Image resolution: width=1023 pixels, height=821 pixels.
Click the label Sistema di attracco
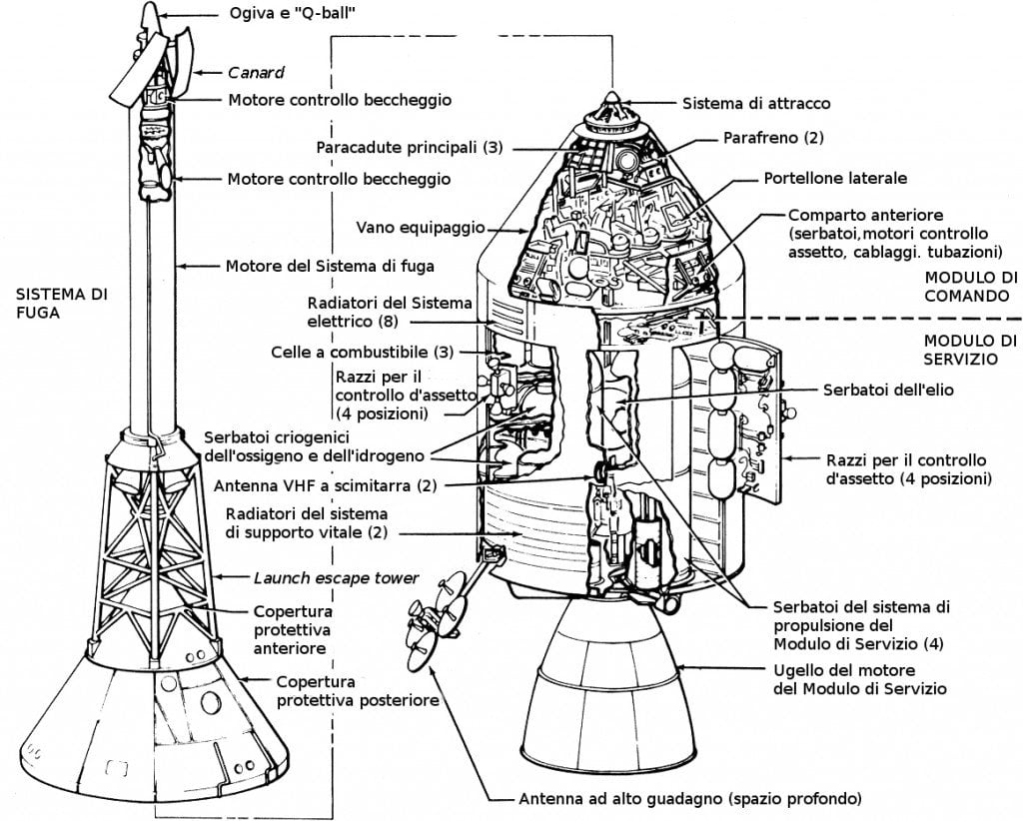(x=755, y=103)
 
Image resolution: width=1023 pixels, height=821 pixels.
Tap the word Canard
(x=257, y=72)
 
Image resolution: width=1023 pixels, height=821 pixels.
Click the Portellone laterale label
(x=835, y=179)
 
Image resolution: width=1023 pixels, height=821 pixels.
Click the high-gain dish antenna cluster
(x=438, y=612)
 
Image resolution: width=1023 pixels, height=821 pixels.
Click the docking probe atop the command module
(x=609, y=113)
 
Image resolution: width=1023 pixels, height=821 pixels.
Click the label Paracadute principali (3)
(x=410, y=147)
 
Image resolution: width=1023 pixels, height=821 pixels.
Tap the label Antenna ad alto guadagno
(x=689, y=799)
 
